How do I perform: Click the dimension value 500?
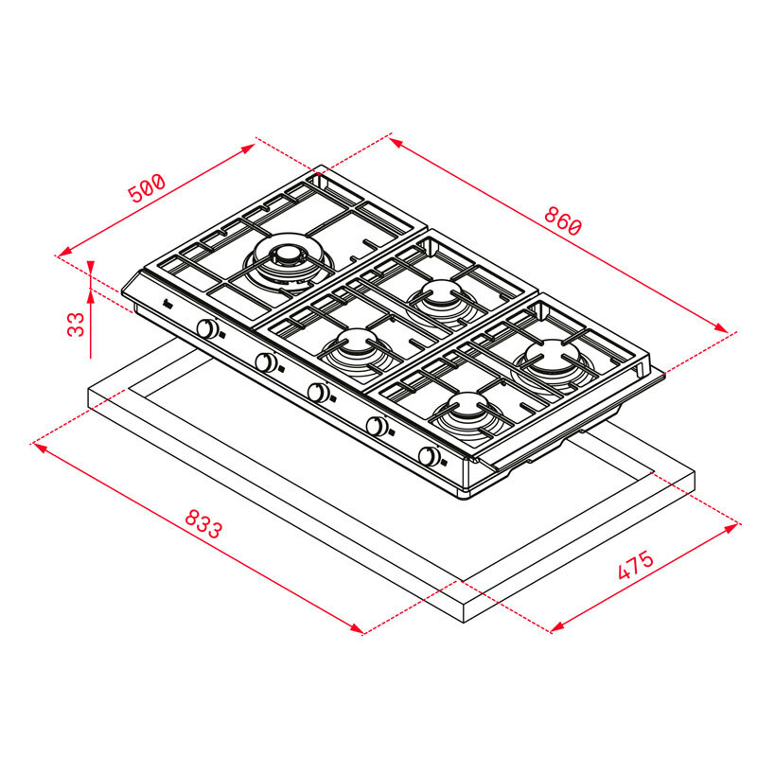[147, 187]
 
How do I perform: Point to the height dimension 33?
[77, 325]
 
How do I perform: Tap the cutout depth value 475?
[635, 566]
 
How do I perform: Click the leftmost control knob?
[208, 329]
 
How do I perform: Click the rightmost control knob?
[431, 457]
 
